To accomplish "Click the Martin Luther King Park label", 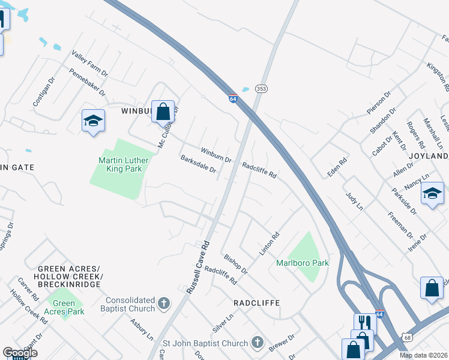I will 124,164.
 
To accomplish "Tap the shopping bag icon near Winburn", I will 163,111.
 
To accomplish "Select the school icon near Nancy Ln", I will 432,194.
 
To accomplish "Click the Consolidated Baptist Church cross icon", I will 164,304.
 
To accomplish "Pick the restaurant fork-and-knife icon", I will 365,323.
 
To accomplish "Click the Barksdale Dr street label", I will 198,165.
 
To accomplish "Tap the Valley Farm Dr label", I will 89,63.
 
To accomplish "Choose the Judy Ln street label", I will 355,201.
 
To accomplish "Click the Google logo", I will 20,353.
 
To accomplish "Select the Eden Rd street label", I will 338,163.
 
